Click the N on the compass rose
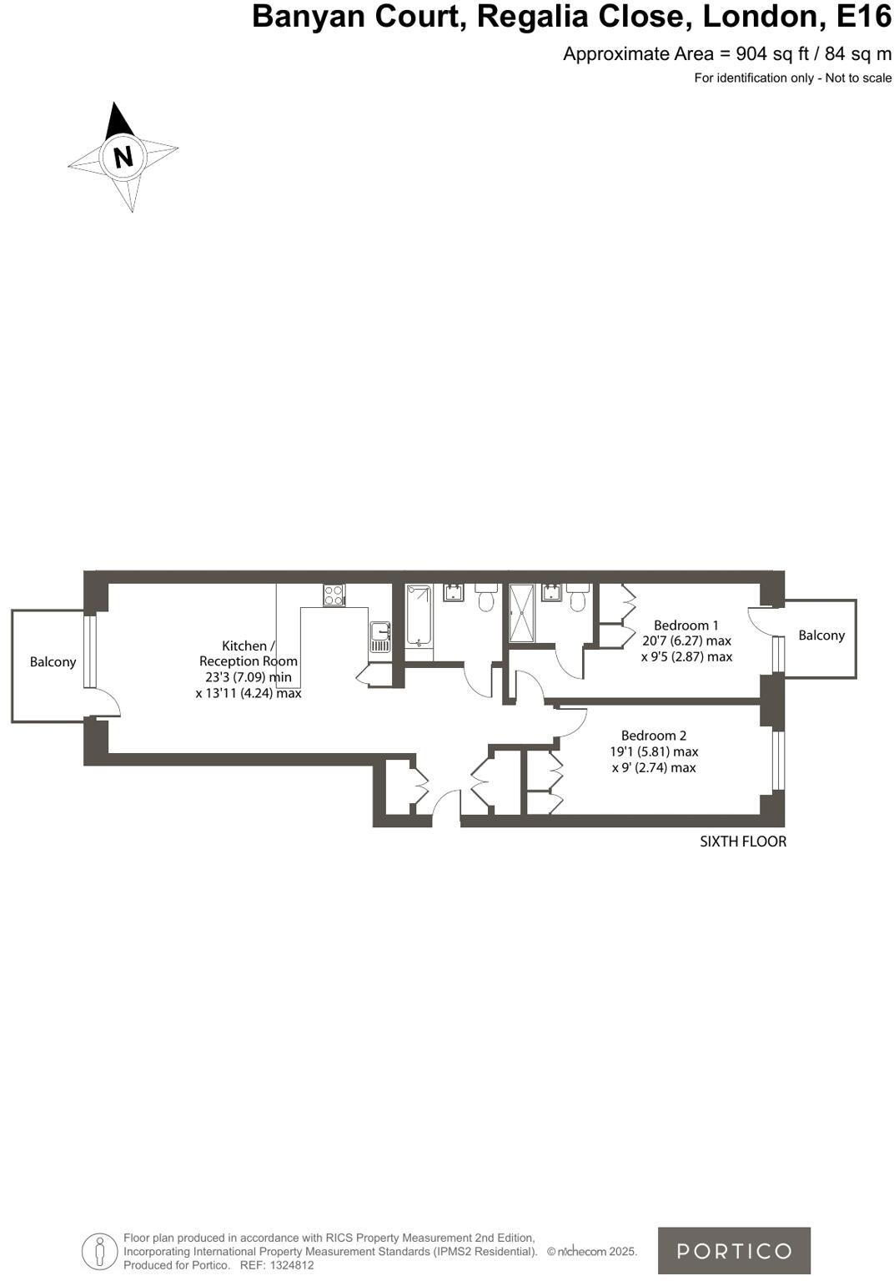click(x=123, y=157)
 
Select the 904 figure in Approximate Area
click(x=752, y=54)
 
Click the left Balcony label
click(x=53, y=662)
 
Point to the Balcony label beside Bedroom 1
click(x=821, y=635)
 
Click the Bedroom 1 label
click(x=686, y=625)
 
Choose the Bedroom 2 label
click(x=654, y=736)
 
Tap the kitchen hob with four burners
click(x=334, y=595)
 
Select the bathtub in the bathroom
click(x=419, y=615)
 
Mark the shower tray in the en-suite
click(x=522, y=613)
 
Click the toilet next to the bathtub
click(x=485, y=597)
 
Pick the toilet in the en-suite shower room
click(x=577, y=597)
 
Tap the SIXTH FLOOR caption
click(x=743, y=841)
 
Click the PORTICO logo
click(x=734, y=1250)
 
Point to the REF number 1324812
click(x=288, y=1265)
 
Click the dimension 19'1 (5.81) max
click(x=654, y=751)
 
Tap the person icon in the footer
click(x=100, y=1251)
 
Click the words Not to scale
click(x=858, y=78)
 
